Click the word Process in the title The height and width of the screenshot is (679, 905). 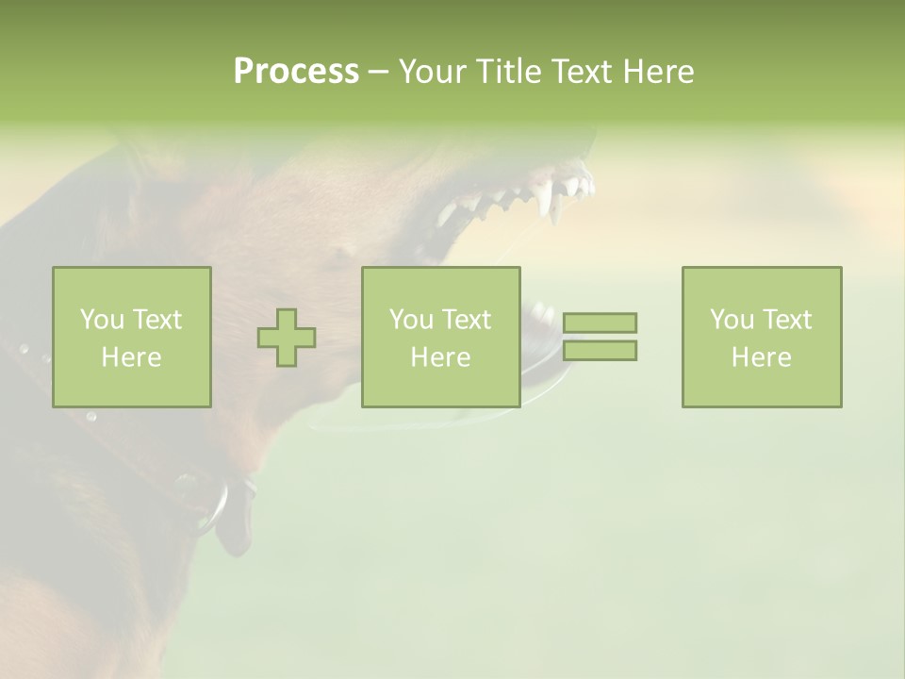click(296, 72)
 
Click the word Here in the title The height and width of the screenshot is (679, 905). click(658, 72)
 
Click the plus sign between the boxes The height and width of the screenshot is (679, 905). click(287, 338)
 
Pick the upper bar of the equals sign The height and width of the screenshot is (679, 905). click(600, 323)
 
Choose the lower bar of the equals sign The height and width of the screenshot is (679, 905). click(600, 350)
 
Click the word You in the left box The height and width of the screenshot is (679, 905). click(102, 320)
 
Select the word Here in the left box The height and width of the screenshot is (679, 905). click(131, 357)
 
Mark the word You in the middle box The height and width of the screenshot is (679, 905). click(411, 320)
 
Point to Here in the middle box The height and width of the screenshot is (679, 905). click(440, 357)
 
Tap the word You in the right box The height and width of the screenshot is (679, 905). click(732, 320)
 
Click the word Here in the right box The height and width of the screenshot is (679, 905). click(761, 357)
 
